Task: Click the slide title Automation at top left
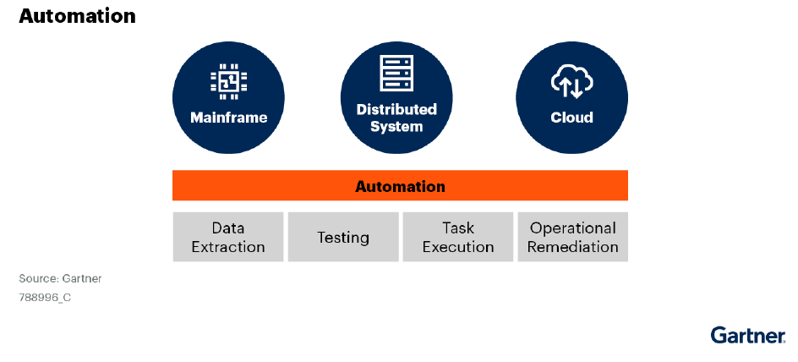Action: point(77,16)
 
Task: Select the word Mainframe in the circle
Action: point(228,118)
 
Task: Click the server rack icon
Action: point(396,74)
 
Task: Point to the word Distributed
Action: point(396,109)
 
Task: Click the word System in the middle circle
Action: point(396,127)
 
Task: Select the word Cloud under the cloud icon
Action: point(572,118)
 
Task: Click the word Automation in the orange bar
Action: point(400,186)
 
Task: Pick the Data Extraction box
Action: point(228,238)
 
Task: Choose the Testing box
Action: point(343,238)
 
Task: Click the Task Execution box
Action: point(458,238)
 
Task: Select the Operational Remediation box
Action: point(573,238)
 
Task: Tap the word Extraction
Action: point(228,247)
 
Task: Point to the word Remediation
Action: point(573,247)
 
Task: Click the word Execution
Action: point(458,247)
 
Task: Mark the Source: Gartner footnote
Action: point(60,278)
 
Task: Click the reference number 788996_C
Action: point(45,298)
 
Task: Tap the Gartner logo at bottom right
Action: point(748,335)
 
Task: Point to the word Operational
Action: point(573,228)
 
